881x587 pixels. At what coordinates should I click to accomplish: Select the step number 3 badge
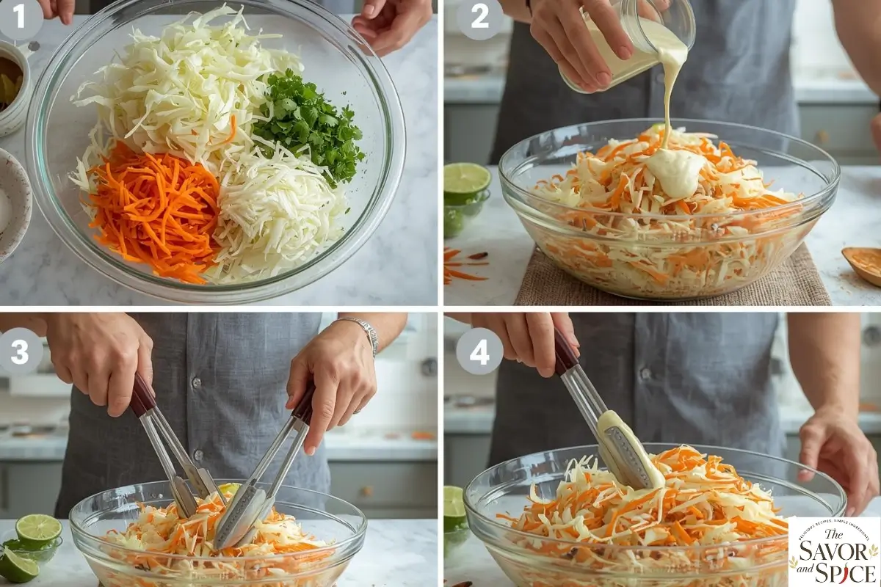tap(20, 351)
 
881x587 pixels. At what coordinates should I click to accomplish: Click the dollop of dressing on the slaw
tap(674, 170)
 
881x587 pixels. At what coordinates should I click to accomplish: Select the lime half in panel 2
tap(466, 181)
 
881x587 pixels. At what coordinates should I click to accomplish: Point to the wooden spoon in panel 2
tap(863, 264)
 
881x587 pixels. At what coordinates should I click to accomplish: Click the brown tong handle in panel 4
tap(565, 352)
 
